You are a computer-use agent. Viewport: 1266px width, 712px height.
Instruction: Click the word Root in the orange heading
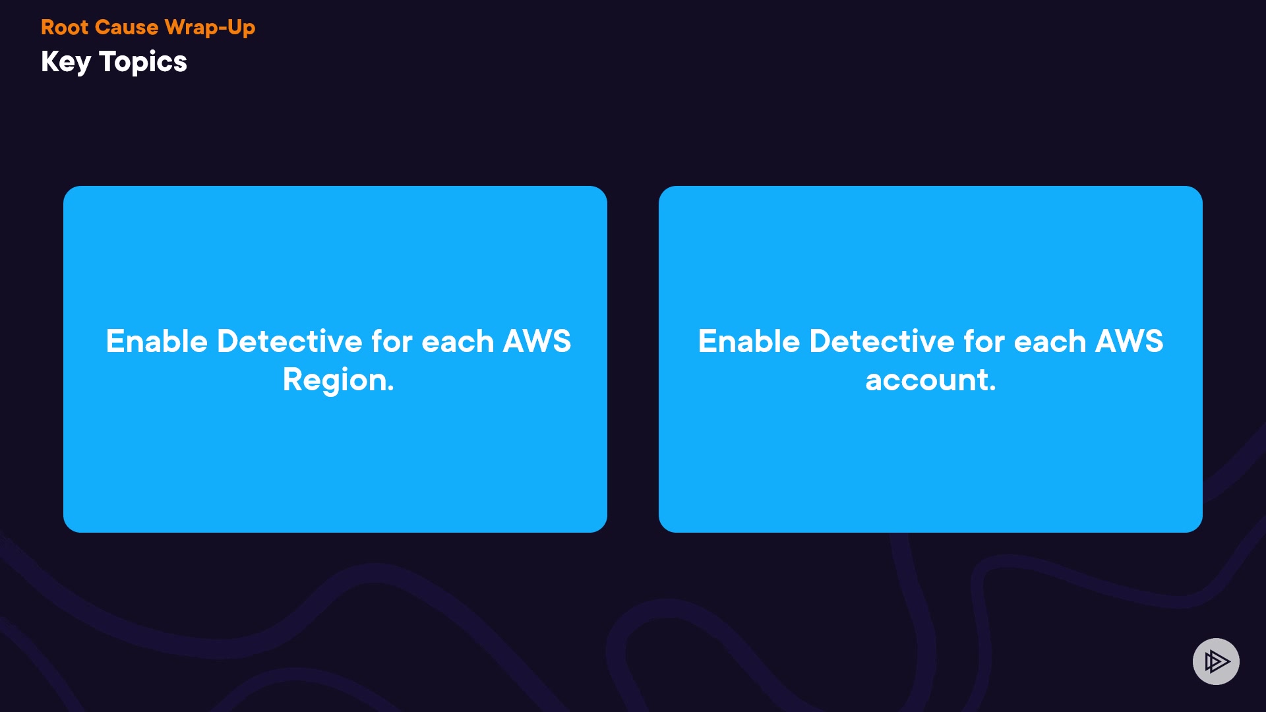coord(65,27)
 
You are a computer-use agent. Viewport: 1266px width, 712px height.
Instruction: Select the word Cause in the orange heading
coord(127,27)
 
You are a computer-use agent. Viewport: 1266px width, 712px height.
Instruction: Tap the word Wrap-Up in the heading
coord(210,27)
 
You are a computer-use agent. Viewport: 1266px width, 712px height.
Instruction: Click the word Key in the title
coord(65,62)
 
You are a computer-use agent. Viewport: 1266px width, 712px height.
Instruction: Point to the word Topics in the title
coord(143,62)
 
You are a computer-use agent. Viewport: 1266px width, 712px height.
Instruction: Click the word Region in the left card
coord(334,380)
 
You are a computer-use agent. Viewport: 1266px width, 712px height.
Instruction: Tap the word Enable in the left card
coord(157,341)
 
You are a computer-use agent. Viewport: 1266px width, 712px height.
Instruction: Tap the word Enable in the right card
coord(749,341)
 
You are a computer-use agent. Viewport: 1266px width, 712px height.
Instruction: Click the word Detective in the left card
coord(289,341)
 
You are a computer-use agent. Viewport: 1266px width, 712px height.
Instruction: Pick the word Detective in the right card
coord(882,341)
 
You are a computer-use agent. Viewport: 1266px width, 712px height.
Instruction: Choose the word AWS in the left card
coord(537,341)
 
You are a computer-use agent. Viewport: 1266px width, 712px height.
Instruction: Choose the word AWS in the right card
coord(1129,341)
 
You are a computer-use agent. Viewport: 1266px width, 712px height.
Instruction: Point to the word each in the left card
coord(458,341)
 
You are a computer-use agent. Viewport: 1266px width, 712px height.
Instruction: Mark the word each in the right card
coord(1050,341)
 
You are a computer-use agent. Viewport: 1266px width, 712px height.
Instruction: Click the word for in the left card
coord(392,341)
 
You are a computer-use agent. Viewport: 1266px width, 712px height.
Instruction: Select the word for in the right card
coord(984,341)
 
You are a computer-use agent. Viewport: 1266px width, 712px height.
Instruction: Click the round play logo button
coord(1216,661)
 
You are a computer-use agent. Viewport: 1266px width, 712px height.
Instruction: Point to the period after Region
coord(391,390)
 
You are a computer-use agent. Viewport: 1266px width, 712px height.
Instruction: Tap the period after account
coord(992,390)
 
